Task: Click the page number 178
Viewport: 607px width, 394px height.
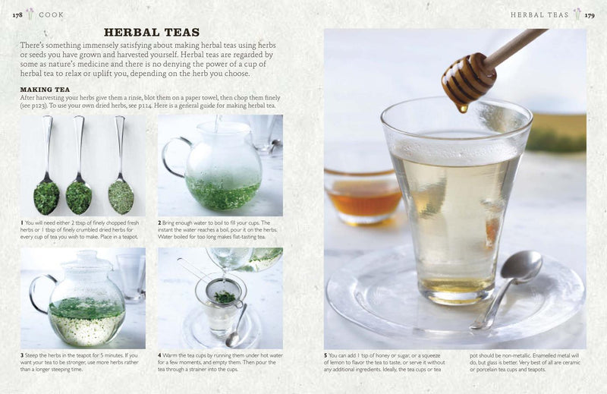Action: (17, 15)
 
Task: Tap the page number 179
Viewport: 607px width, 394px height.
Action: (590, 15)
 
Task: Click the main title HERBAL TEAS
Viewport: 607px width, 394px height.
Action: (152, 32)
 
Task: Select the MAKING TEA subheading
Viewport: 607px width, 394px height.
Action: (45, 90)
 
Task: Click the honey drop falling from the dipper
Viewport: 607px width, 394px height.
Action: (462, 108)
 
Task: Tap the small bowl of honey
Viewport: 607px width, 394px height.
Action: (363, 197)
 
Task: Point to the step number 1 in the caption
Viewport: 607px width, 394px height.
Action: (22, 222)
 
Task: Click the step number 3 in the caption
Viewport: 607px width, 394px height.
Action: (22, 355)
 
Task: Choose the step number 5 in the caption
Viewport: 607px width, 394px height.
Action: (326, 355)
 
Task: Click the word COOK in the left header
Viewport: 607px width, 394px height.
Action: (51, 14)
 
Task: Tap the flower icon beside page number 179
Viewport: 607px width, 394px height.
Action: (577, 14)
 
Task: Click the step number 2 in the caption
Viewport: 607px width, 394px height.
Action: (159, 222)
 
